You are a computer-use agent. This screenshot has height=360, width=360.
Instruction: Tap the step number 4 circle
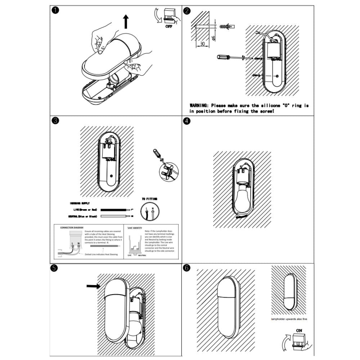pyautogui.click(x=187, y=121)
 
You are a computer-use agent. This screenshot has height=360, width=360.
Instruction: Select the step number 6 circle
pyautogui.click(x=187, y=268)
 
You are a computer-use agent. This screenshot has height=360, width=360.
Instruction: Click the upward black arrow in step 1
pyautogui.click(x=126, y=21)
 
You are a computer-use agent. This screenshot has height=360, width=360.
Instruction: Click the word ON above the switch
pyautogui.click(x=299, y=330)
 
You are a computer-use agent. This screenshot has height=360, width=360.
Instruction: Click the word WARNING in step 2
pyautogui.click(x=199, y=105)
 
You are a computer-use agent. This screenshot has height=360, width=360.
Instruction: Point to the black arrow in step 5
pyautogui.click(x=94, y=286)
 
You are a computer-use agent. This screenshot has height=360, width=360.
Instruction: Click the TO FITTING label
pyautogui.click(x=149, y=199)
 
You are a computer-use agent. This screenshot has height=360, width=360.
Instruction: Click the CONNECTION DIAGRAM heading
pyautogui.click(x=72, y=228)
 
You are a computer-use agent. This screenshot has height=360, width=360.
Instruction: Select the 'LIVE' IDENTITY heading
pyautogui.click(x=135, y=228)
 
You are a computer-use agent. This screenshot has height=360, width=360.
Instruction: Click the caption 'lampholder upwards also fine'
pyautogui.click(x=289, y=319)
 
